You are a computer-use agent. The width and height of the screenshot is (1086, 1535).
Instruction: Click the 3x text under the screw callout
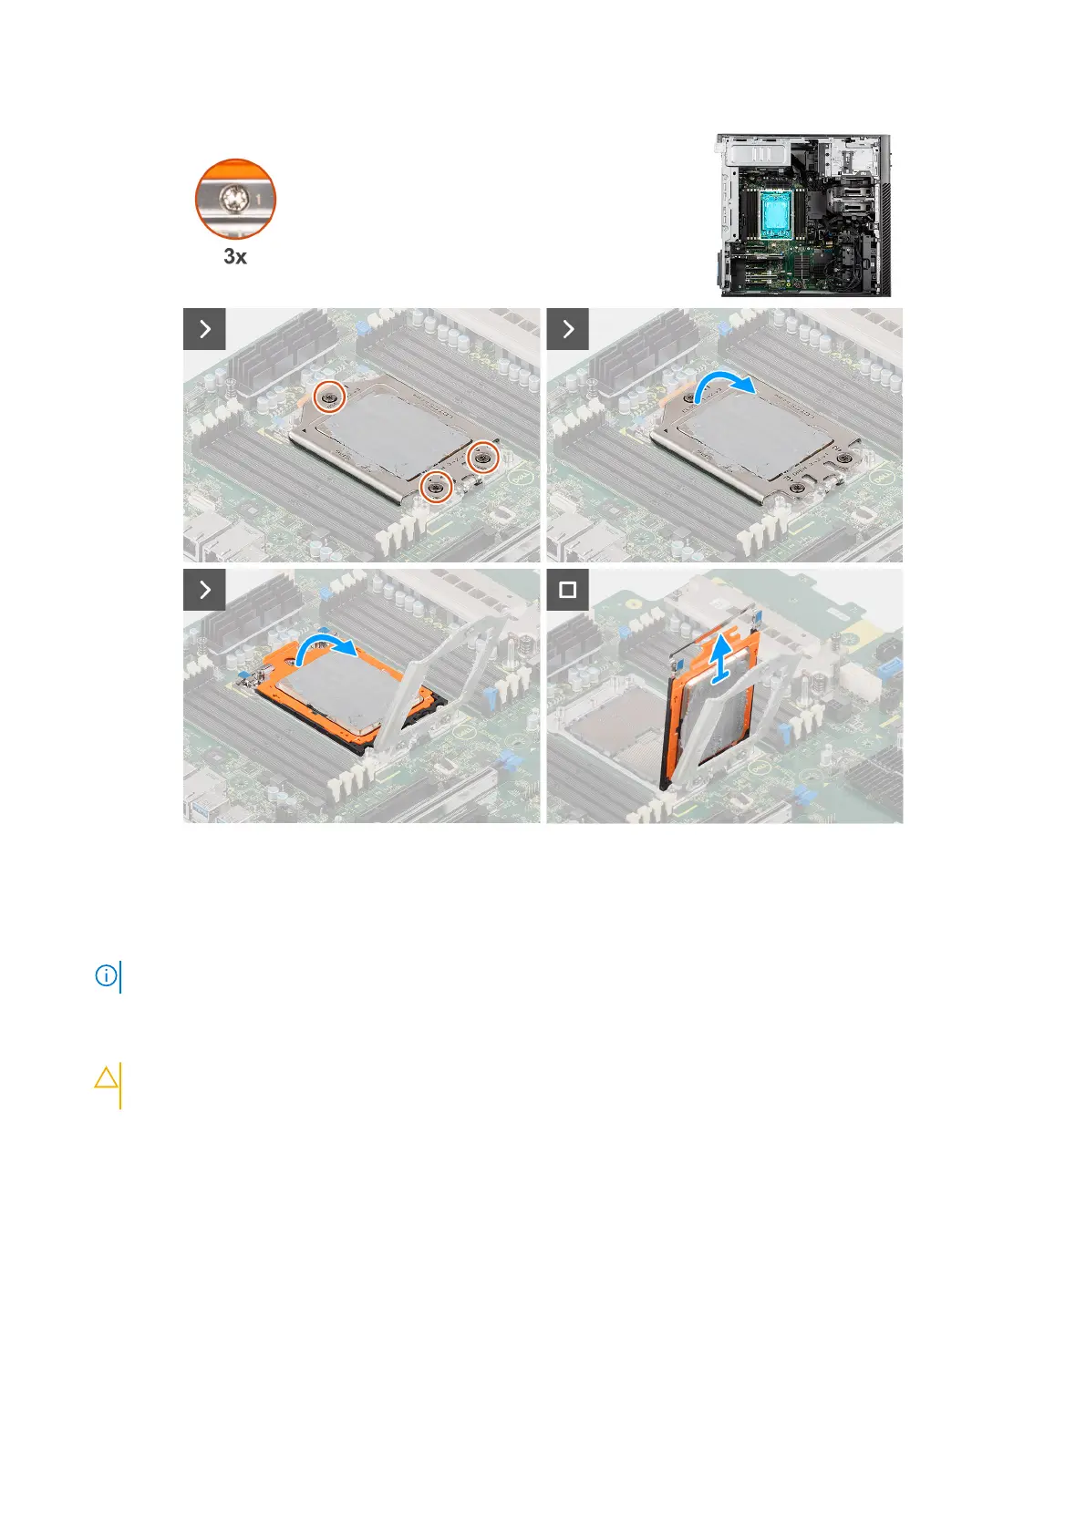tap(235, 256)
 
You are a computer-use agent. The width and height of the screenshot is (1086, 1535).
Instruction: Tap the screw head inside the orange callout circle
tap(228, 199)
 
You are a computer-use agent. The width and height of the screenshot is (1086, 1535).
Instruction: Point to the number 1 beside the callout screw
tap(258, 199)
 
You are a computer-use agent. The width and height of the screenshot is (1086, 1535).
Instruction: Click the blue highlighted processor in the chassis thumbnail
tap(777, 211)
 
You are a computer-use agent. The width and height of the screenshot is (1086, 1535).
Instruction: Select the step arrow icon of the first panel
tap(204, 329)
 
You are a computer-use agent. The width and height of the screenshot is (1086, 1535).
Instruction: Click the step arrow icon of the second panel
tap(568, 329)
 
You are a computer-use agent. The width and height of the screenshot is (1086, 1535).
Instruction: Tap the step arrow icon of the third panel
tap(204, 590)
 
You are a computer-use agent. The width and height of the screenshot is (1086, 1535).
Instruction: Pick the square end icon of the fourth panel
tap(568, 590)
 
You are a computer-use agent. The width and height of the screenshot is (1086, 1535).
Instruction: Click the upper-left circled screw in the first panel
tap(330, 397)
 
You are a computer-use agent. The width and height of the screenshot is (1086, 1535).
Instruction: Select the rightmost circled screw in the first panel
tap(483, 457)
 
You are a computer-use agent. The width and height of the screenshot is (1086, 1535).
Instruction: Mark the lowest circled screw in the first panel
tap(436, 487)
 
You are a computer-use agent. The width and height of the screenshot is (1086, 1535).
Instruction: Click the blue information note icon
tap(107, 976)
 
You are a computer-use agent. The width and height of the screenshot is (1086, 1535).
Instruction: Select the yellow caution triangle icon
tap(107, 1078)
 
